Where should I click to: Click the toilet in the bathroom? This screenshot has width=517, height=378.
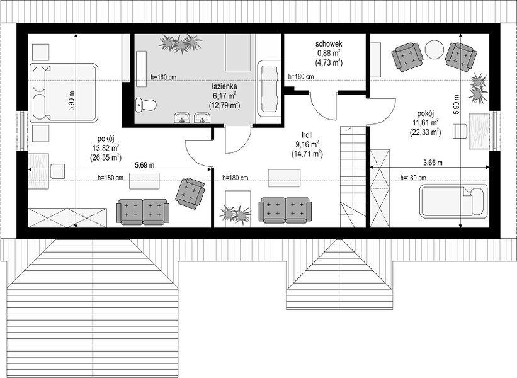click(x=145, y=105)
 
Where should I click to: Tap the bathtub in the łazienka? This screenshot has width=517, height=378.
click(x=268, y=88)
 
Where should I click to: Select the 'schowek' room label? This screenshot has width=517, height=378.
click(x=329, y=43)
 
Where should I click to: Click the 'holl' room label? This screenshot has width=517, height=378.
click(x=307, y=135)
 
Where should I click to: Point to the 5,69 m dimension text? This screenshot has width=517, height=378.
click(x=144, y=164)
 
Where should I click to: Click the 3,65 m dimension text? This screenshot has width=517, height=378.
click(x=433, y=163)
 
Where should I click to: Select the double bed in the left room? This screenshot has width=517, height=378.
click(x=64, y=93)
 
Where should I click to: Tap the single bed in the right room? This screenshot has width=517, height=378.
click(x=453, y=201)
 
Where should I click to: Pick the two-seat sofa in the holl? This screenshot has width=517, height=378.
click(x=285, y=210)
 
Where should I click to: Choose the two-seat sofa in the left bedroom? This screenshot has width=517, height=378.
click(x=143, y=212)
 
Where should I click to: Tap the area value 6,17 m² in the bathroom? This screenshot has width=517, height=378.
click(x=224, y=96)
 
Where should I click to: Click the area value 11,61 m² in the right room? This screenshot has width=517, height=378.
click(x=426, y=123)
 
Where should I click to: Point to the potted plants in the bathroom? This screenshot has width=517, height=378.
click(x=180, y=44)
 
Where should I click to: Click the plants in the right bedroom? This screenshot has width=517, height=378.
click(x=478, y=88)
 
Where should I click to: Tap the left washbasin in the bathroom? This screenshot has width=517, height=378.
click(x=182, y=118)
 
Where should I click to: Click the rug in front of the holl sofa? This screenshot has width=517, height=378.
click(x=284, y=178)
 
